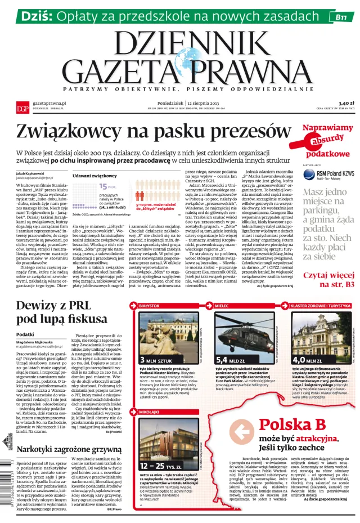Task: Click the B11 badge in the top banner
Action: point(340,17)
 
